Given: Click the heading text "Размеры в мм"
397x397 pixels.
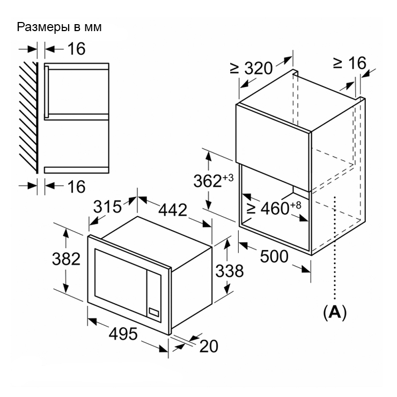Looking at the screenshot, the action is click(x=59, y=27).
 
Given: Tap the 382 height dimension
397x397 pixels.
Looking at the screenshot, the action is click(x=66, y=259).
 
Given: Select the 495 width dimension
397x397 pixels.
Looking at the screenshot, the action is click(x=123, y=334).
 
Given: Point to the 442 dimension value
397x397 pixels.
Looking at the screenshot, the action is click(x=173, y=210).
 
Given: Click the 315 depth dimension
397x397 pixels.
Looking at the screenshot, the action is click(x=108, y=207).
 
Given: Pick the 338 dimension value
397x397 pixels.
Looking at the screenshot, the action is click(x=230, y=271).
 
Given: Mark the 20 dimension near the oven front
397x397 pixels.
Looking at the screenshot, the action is click(x=209, y=346).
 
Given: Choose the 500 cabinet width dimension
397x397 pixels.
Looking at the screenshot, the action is click(x=274, y=256).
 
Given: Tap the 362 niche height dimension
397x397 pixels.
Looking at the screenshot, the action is click(x=208, y=181).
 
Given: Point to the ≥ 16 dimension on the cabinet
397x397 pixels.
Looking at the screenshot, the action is click(x=350, y=63).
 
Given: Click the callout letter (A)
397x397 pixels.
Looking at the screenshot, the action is click(x=335, y=313).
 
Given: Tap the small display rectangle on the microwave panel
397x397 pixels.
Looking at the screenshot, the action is click(x=153, y=312).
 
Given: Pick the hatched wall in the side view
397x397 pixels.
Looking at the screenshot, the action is click(x=28, y=117).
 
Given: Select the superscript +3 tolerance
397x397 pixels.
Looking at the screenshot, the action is click(x=228, y=178).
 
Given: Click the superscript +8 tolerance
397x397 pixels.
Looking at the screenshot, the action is click(x=296, y=205).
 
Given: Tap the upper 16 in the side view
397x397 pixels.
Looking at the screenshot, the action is click(x=77, y=49).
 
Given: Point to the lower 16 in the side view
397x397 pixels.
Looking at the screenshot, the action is click(x=77, y=187).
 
